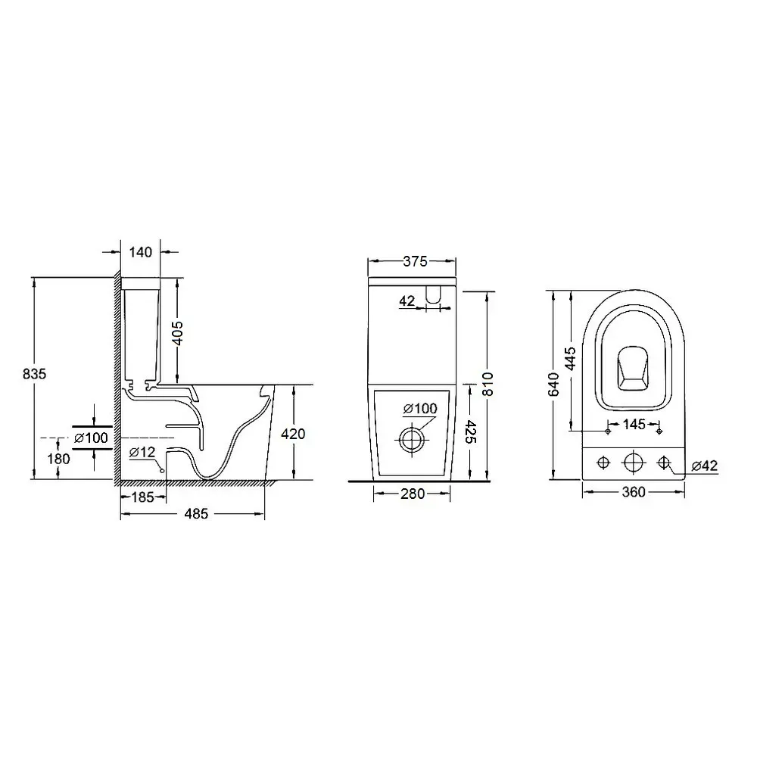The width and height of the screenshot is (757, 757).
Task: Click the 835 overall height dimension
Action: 34,374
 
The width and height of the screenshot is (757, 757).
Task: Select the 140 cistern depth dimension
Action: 141,252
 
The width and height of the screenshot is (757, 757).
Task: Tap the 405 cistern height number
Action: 178,333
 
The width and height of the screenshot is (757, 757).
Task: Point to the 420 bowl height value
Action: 293,434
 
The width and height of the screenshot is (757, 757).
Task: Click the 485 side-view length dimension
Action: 196,514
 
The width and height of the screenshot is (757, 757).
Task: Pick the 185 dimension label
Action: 143,497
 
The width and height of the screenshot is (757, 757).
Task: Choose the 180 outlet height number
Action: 58,459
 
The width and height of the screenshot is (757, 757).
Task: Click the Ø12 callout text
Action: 142,453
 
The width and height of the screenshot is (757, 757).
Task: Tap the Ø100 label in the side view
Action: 92,438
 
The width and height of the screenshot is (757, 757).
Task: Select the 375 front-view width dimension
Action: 415,261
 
